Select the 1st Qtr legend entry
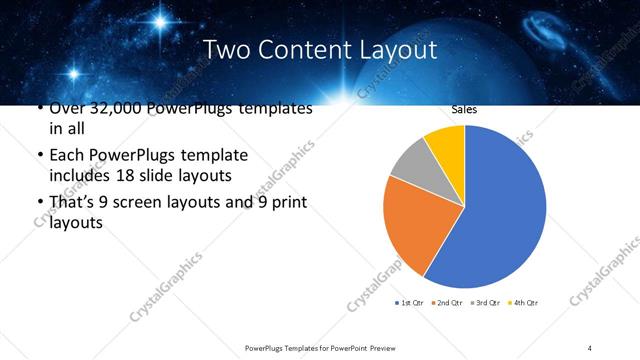pos(411,302)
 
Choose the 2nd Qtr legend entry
pos(446,302)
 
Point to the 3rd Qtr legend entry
pos(485,302)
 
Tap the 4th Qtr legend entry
pos(523,302)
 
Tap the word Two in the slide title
pos(227,50)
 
